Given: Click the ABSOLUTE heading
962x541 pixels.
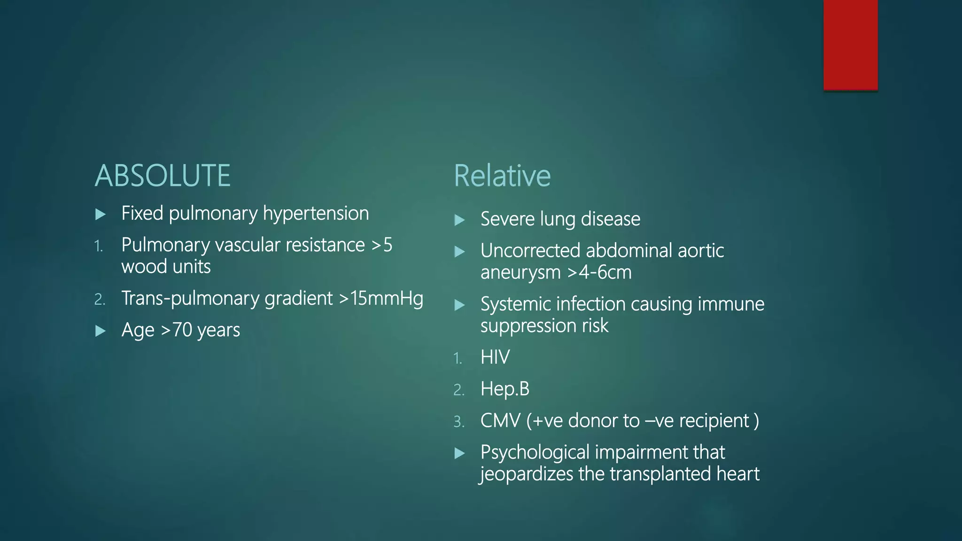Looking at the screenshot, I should [163, 176].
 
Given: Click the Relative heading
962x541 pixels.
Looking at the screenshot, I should [502, 176].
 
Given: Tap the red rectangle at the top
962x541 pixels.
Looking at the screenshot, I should [850, 45].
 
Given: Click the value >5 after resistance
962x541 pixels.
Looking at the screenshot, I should [381, 245].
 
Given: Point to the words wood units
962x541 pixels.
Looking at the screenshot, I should [166, 267].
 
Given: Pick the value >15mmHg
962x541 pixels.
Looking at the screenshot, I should [380, 299].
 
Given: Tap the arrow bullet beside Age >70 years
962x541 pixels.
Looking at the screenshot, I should [100, 331].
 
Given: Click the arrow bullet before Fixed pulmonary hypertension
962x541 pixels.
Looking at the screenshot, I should [100, 215].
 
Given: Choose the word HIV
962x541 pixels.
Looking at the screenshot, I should [495, 357].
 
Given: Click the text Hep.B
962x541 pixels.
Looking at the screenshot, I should [504, 389].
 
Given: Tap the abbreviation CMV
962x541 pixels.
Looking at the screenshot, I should [500, 421].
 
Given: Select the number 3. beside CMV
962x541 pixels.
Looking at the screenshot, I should [458, 422].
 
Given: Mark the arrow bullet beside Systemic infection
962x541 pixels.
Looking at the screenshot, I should [459, 306].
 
